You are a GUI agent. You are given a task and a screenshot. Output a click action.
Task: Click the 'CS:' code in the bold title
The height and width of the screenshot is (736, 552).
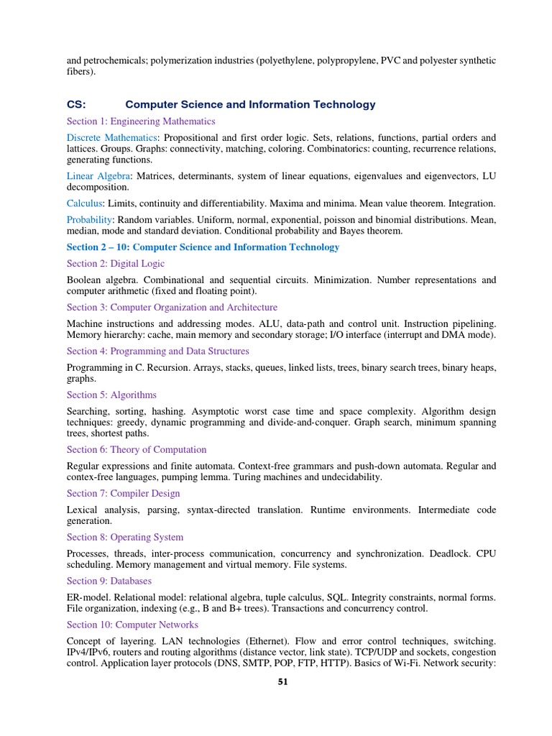point(76,104)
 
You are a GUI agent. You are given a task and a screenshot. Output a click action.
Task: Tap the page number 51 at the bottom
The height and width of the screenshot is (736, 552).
point(282,682)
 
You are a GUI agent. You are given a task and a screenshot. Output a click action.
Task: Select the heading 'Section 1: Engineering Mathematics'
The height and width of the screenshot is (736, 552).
point(141,121)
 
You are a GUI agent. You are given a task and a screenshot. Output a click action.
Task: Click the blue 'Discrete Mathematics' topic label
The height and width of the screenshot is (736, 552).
point(111,137)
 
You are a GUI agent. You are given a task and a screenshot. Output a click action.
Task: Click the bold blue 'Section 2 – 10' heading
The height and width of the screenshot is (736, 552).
point(203,247)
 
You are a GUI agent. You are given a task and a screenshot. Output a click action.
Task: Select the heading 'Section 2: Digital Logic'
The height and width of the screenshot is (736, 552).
point(116,264)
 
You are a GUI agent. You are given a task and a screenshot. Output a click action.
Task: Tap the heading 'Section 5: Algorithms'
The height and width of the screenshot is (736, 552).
point(111,395)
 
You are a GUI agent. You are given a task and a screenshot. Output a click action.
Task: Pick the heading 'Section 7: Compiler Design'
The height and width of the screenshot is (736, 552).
point(124,494)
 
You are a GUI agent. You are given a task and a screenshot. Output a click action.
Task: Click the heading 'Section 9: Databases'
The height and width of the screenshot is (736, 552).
point(109,581)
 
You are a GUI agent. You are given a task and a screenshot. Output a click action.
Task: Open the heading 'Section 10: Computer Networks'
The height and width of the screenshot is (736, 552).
point(132,625)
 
